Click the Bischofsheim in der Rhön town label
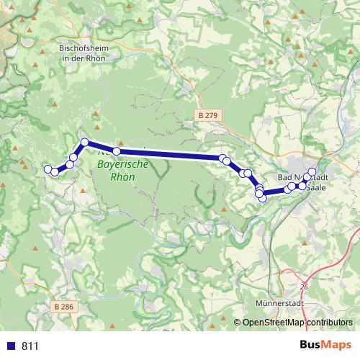[81, 53]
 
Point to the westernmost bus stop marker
[48, 169]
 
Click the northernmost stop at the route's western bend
[84, 142]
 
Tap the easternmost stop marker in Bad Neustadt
[312, 172]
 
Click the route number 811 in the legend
[30, 346]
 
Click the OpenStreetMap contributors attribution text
[297, 323]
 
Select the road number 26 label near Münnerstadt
[304, 287]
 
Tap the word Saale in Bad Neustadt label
[318, 187]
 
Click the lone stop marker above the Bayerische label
[117, 151]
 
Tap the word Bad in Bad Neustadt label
[285, 177]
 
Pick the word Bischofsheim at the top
[81, 48]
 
